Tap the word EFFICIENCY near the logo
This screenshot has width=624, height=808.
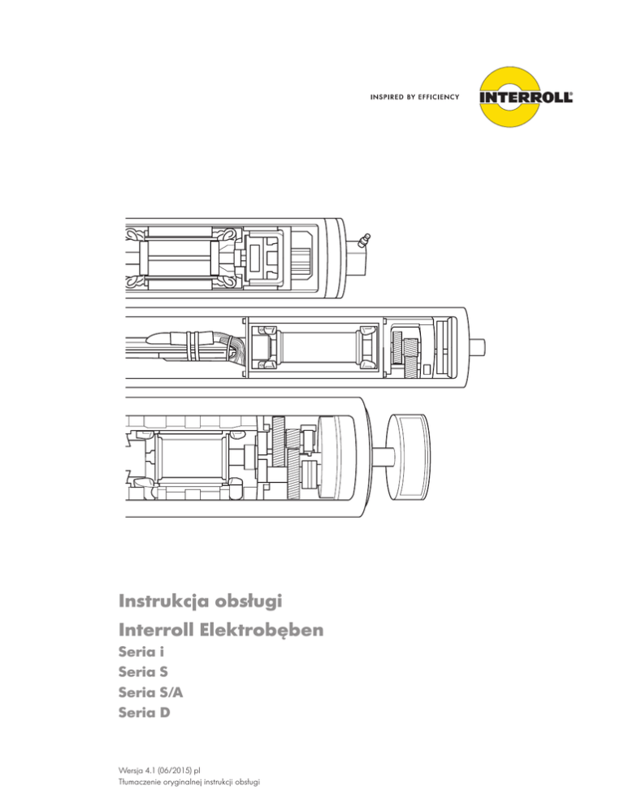(436, 97)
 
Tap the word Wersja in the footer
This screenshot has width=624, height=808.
(131, 770)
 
